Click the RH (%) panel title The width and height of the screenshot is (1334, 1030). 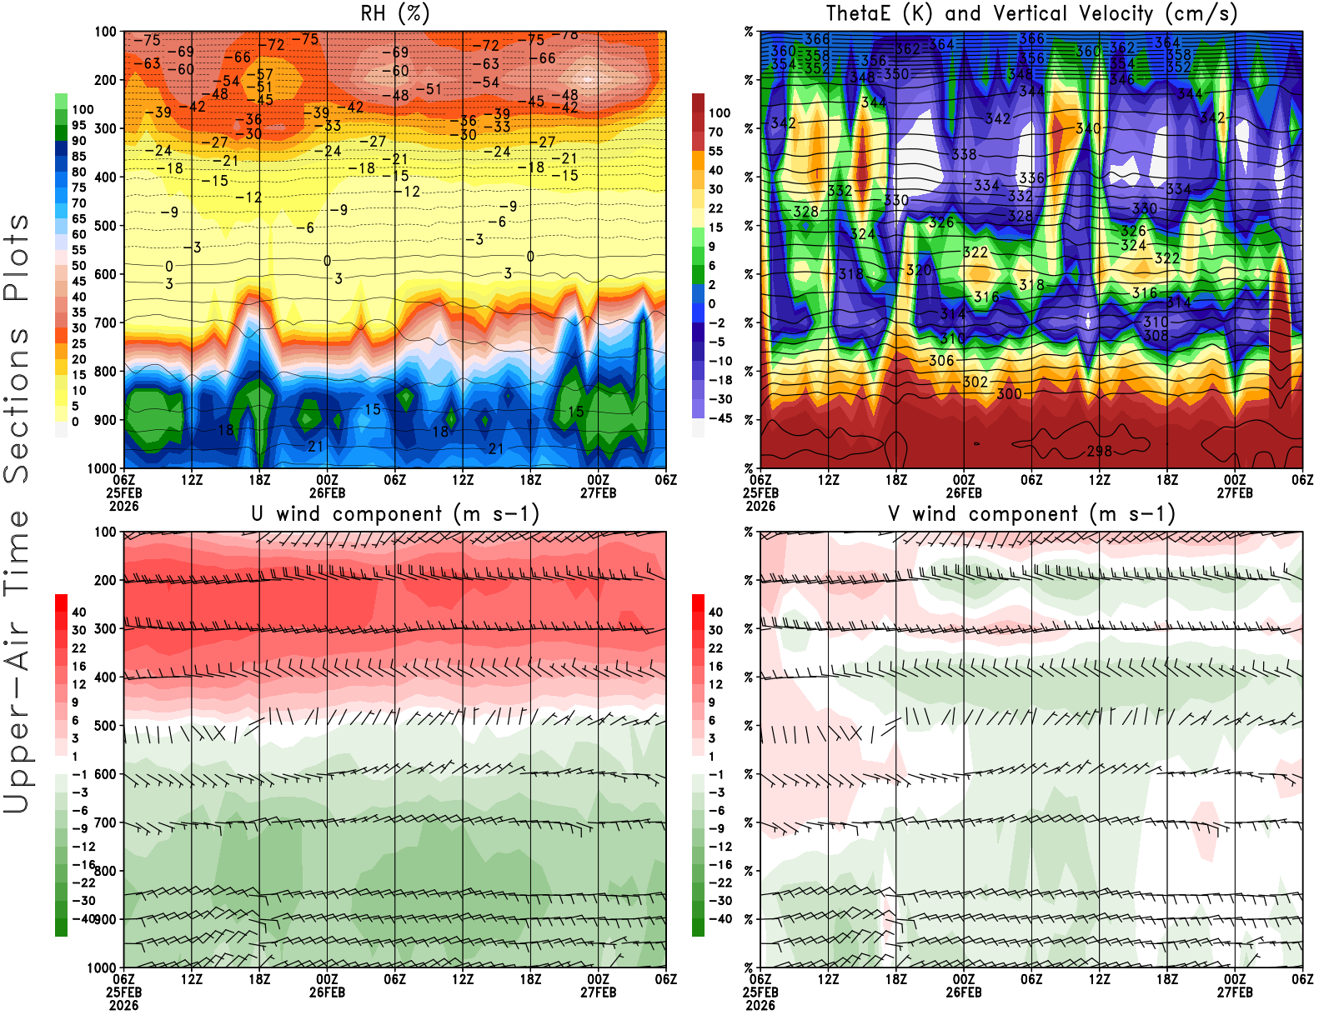[394, 14]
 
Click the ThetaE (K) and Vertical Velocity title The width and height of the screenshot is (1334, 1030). [1031, 14]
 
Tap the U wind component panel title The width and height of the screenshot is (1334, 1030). [394, 514]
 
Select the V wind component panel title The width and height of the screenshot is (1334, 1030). [1031, 514]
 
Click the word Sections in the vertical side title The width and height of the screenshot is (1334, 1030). [17, 405]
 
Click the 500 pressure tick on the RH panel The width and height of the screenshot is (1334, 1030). [105, 226]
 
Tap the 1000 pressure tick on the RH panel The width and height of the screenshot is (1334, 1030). [102, 468]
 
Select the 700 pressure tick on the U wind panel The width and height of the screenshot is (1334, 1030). [105, 822]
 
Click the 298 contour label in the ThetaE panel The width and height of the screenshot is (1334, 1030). [1099, 451]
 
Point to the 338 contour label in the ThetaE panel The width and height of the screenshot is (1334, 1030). [964, 154]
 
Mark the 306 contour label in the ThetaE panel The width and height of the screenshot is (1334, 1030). [941, 361]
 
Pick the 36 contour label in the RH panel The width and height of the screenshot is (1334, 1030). [253, 120]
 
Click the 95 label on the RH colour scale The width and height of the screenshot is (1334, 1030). [79, 126]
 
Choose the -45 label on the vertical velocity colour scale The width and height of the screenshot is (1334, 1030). [720, 418]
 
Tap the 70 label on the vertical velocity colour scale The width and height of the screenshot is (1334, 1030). [715, 132]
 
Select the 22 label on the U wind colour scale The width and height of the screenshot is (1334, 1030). [79, 648]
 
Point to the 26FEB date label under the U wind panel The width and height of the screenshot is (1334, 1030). [327, 992]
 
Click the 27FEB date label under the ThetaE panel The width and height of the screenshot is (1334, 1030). [1235, 492]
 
